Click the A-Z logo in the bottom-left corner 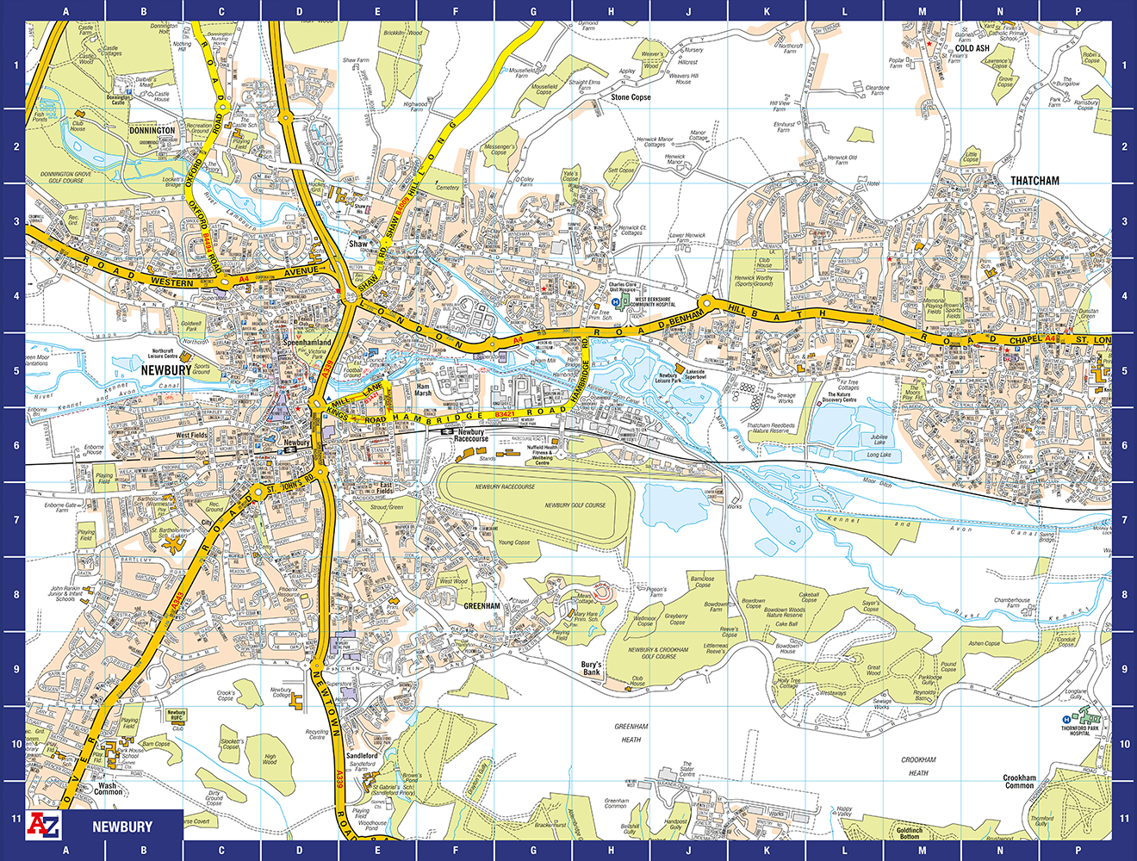(44, 825)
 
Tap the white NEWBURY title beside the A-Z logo (122, 827)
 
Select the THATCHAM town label (1034, 181)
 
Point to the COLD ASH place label (972, 48)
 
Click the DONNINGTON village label (152, 131)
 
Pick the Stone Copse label (631, 97)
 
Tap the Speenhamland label (307, 343)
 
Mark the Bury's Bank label (591, 668)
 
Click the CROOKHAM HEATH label (918, 766)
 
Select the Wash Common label (108, 789)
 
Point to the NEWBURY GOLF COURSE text (575, 505)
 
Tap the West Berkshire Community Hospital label (654, 302)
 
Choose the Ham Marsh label (423, 391)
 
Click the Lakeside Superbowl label (694, 375)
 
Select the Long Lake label (879, 455)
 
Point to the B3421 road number (506, 415)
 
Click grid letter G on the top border (533, 11)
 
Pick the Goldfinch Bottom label (909, 833)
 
